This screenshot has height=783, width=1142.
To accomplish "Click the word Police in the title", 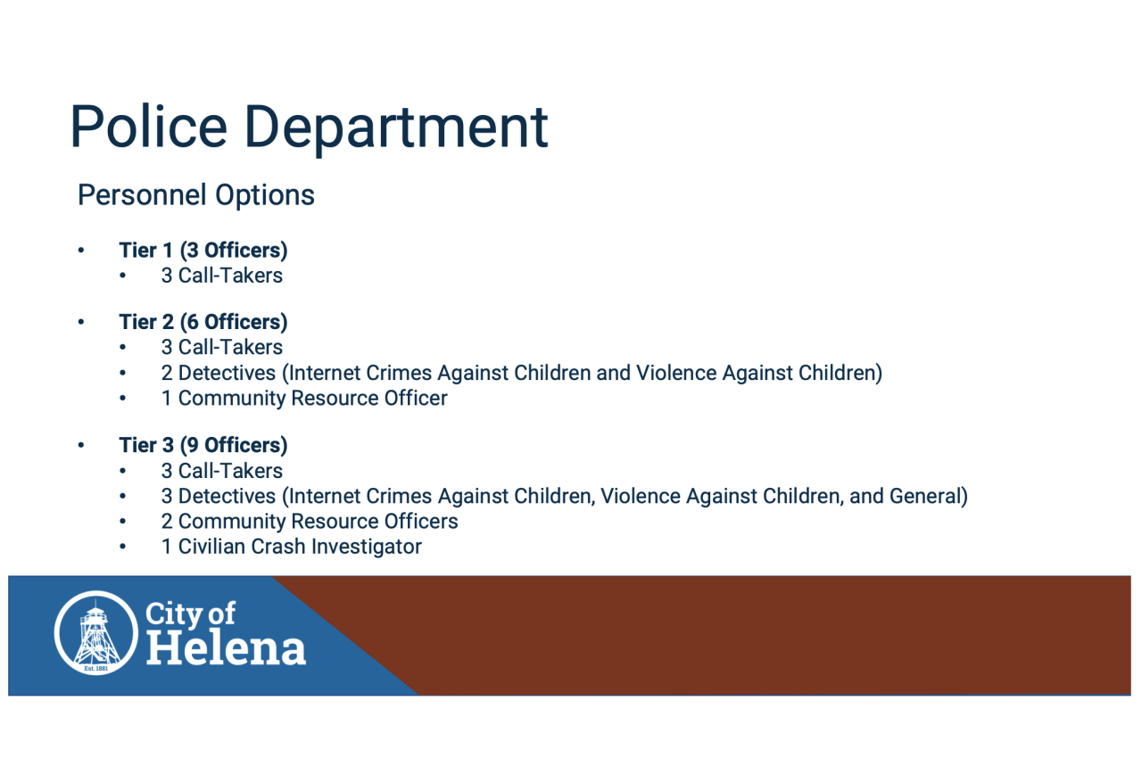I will [x=148, y=127].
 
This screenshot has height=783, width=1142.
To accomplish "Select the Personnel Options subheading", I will [x=196, y=195].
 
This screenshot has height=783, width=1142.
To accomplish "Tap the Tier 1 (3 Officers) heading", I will [x=203, y=251].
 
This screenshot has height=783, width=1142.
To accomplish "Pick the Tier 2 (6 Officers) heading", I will [x=203, y=322].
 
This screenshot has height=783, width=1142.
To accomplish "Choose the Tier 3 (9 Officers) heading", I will [x=203, y=445].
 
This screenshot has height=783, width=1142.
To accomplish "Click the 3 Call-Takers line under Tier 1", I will [x=221, y=276].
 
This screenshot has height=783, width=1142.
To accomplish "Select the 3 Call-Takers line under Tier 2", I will [x=221, y=348].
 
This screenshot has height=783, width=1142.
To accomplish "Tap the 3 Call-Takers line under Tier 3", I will [x=221, y=471].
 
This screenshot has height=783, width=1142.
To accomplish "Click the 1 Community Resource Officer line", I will [x=304, y=398].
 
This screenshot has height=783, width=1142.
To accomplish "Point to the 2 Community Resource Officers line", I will [x=310, y=521].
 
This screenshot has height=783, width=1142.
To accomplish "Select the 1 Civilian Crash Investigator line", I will [x=291, y=546].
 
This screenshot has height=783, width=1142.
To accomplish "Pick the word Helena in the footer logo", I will [x=225, y=647].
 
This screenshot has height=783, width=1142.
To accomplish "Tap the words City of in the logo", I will [x=190, y=614].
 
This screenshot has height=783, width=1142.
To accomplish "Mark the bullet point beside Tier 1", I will [x=80, y=251].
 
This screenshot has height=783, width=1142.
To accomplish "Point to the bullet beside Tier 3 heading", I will [x=80, y=445].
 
